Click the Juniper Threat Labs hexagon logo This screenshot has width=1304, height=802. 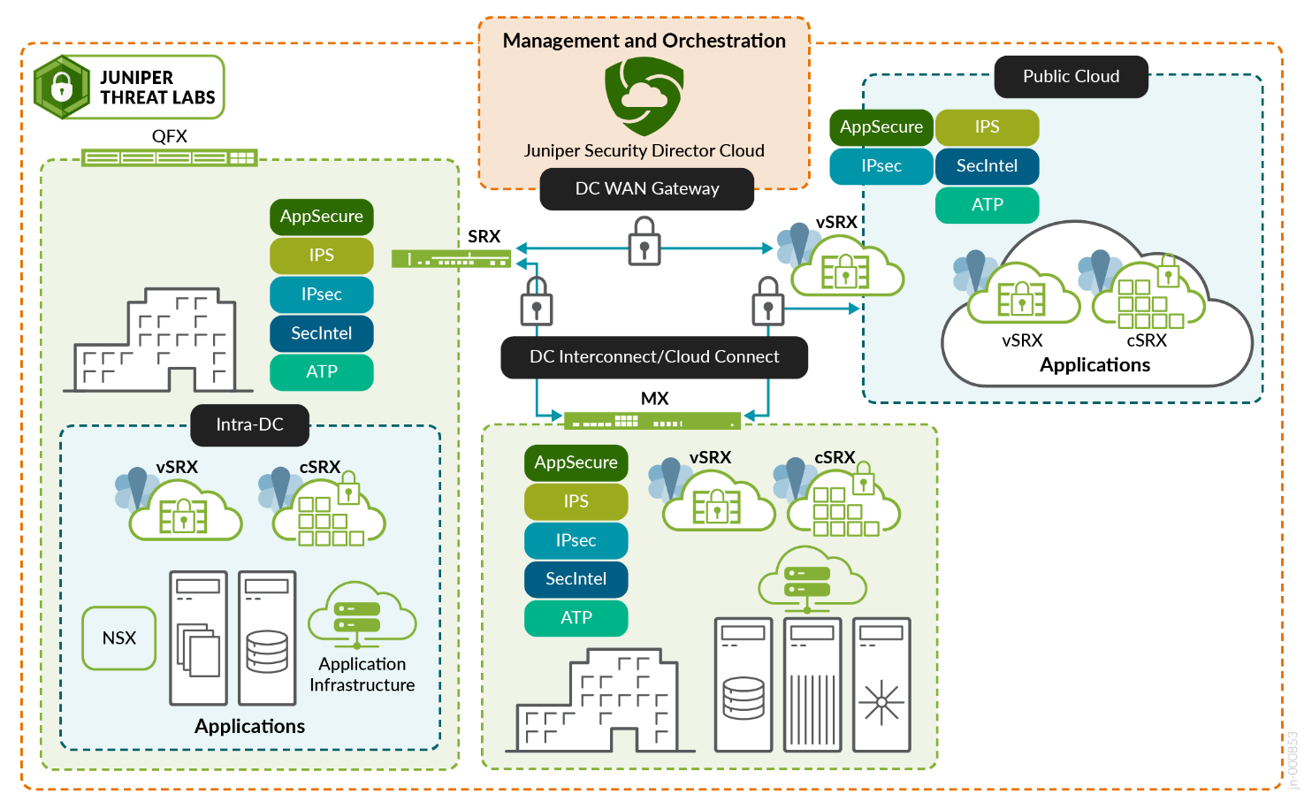61,87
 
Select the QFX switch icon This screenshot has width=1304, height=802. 169,157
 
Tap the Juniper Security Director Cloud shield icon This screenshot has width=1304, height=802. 644,95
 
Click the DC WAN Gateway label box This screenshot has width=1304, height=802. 646,188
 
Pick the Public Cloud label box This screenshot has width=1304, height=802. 1071,77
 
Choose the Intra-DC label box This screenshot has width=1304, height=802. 249,424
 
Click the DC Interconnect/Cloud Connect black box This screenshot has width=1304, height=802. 654,357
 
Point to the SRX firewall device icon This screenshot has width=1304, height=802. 451,259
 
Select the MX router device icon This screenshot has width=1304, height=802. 652,420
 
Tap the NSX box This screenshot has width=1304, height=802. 119,638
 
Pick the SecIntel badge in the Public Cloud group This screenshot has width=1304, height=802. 987,166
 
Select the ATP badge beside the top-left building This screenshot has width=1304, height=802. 321,372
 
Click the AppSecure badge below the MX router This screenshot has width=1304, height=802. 576,462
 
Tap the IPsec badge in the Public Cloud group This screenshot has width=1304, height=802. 881,166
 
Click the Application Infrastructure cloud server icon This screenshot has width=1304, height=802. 362,614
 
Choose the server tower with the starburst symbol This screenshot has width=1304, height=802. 881,684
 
